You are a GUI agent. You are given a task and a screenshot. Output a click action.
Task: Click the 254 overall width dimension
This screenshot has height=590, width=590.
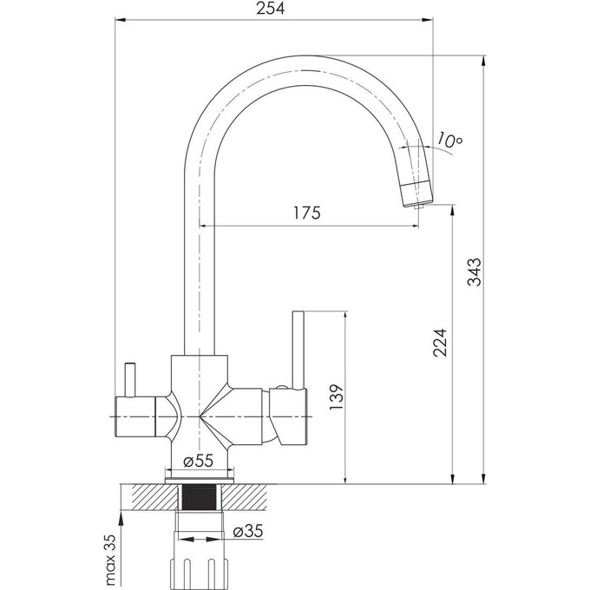pos(272,9)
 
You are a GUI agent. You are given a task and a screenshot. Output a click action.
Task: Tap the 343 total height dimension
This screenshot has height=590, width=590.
pos(474,273)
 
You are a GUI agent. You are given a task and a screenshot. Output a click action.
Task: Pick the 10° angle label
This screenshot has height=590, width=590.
pos(450,139)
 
